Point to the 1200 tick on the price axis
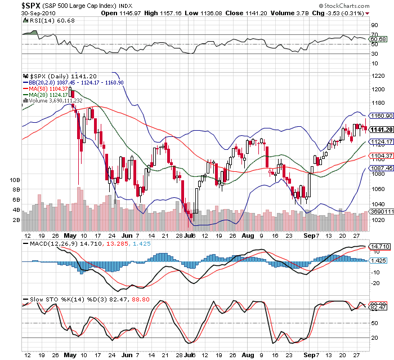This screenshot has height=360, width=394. (x=378, y=90)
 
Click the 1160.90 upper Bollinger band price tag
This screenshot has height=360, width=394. (x=380, y=115)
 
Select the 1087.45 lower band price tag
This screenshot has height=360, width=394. (x=380, y=168)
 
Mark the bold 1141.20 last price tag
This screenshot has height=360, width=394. (x=380, y=129)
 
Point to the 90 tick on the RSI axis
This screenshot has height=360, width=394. (x=374, y=25)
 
